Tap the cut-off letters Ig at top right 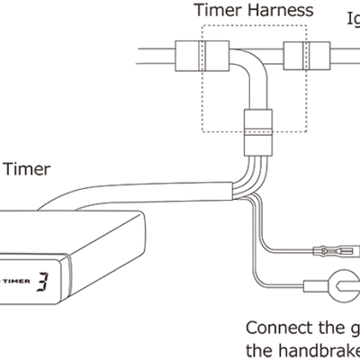352,16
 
